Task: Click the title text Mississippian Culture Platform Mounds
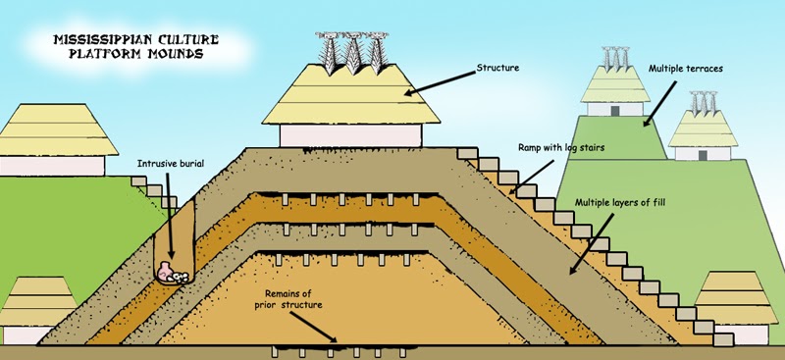tap(125, 46)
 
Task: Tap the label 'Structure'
tap(497, 68)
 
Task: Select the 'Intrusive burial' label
tap(171, 164)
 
